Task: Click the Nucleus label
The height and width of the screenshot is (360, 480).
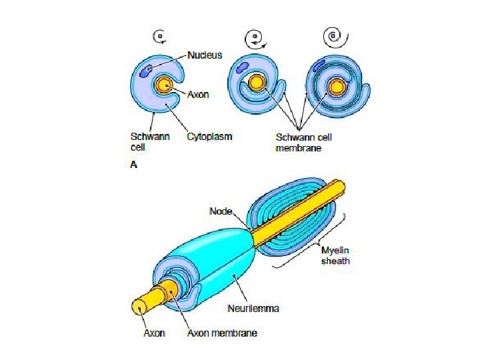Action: [205, 55]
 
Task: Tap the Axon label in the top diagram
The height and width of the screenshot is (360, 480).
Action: [197, 95]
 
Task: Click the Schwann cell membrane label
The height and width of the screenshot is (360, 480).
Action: [303, 142]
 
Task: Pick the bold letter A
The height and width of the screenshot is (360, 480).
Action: [133, 165]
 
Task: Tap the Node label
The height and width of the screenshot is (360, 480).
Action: [221, 211]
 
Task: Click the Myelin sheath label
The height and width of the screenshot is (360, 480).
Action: [335, 255]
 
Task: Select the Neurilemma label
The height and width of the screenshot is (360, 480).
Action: [253, 309]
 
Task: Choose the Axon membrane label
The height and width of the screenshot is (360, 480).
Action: [222, 332]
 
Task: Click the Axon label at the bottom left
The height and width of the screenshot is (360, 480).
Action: [155, 332]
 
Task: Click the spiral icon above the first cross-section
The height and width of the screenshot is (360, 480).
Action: [159, 37]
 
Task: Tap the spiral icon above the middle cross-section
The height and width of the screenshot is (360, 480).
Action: [254, 39]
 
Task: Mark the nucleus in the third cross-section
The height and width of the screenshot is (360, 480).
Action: [319, 65]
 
